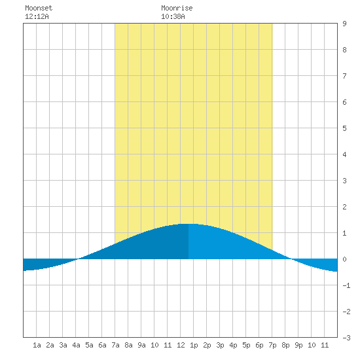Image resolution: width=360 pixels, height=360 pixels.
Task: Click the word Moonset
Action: pos(39,8)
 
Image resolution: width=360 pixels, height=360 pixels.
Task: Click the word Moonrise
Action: pos(177,8)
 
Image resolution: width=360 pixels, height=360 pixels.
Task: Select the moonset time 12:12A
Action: pos(37,16)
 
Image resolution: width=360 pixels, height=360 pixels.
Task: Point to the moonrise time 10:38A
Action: pos(173,16)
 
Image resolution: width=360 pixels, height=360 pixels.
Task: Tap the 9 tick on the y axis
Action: pos(344,24)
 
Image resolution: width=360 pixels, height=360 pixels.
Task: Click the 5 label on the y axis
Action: pos(344,128)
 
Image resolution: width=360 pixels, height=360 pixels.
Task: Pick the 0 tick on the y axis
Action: pos(344,259)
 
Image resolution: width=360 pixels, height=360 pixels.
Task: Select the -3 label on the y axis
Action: pos(346,338)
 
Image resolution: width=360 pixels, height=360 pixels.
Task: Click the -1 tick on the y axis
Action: pos(346,285)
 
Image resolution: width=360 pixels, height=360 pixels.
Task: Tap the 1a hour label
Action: pos(37,345)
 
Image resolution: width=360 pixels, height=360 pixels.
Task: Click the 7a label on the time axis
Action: pos(115,345)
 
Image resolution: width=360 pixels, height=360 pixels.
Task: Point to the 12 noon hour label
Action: pos(181,345)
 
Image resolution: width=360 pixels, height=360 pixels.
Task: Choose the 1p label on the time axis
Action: pos(194,345)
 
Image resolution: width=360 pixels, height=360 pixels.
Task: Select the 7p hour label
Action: pos(272,345)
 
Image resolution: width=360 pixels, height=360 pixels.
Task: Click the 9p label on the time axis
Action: pos(298,345)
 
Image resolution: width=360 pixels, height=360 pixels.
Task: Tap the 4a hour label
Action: pos(76,345)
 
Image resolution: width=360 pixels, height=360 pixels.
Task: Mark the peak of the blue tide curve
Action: pos(189,224)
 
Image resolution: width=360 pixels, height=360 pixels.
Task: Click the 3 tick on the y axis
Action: pos(344,181)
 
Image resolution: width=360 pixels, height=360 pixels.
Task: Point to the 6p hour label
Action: pos(259,345)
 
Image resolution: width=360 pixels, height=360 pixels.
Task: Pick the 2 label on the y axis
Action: pos(344,207)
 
